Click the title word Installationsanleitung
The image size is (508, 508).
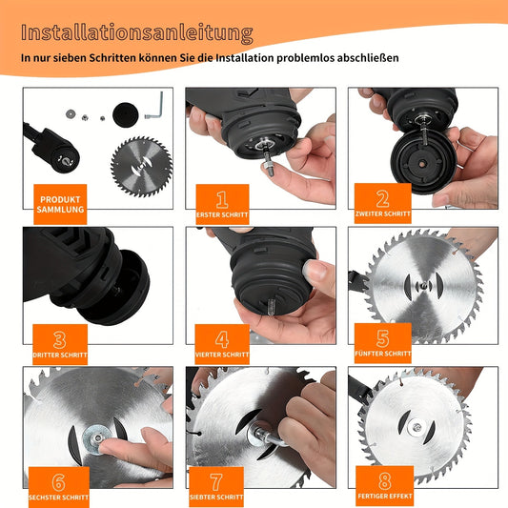(x=136, y=33)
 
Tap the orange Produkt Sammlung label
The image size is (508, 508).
(x=60, y=204)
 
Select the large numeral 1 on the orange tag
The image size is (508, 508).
(x=222, y=199)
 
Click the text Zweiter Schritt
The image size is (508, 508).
(x=383, y=213)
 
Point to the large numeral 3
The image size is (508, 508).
(x=60, y=340)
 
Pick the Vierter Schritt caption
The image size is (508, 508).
(x=222, y=355)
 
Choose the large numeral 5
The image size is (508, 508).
(x=382, y=338)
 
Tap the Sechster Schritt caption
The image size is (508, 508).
(x=59, y=498)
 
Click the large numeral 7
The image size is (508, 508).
(x=216, y=482)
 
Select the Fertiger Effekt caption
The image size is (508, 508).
(x=385, y=496)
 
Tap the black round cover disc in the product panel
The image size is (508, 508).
(x=126, y=114)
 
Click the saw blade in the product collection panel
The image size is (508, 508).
(x=142, y=167)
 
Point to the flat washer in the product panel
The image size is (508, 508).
(x=71, y=113)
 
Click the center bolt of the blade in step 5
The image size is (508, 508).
(x=423, y=285)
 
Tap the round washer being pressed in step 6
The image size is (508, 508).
(x=96, y=439)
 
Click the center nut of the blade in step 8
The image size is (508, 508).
(x=417, y=428)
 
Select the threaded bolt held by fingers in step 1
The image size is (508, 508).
(x=268, y=161)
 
